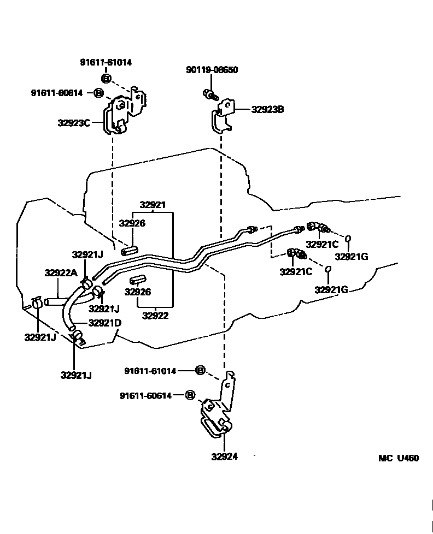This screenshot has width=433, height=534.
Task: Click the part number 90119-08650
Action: (212, 70)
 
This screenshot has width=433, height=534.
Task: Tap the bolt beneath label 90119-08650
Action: (209, 95)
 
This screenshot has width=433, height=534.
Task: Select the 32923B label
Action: (267, 109)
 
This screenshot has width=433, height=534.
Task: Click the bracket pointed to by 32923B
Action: (223, 116)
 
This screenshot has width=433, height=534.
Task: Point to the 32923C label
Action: (74, 123)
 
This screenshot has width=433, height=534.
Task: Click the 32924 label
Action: (225, 456)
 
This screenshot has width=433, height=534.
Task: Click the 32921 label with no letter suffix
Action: (153, 205)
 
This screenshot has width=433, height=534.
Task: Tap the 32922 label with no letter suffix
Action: (155, 315)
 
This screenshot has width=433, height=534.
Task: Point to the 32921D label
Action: (104, 323)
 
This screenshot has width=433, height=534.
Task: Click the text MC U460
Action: (399, 458)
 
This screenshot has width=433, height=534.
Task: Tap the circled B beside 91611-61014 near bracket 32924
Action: (200, 371)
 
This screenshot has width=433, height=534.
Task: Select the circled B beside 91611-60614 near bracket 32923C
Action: (98, 93)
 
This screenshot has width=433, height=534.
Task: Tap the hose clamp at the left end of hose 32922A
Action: (37, 302)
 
